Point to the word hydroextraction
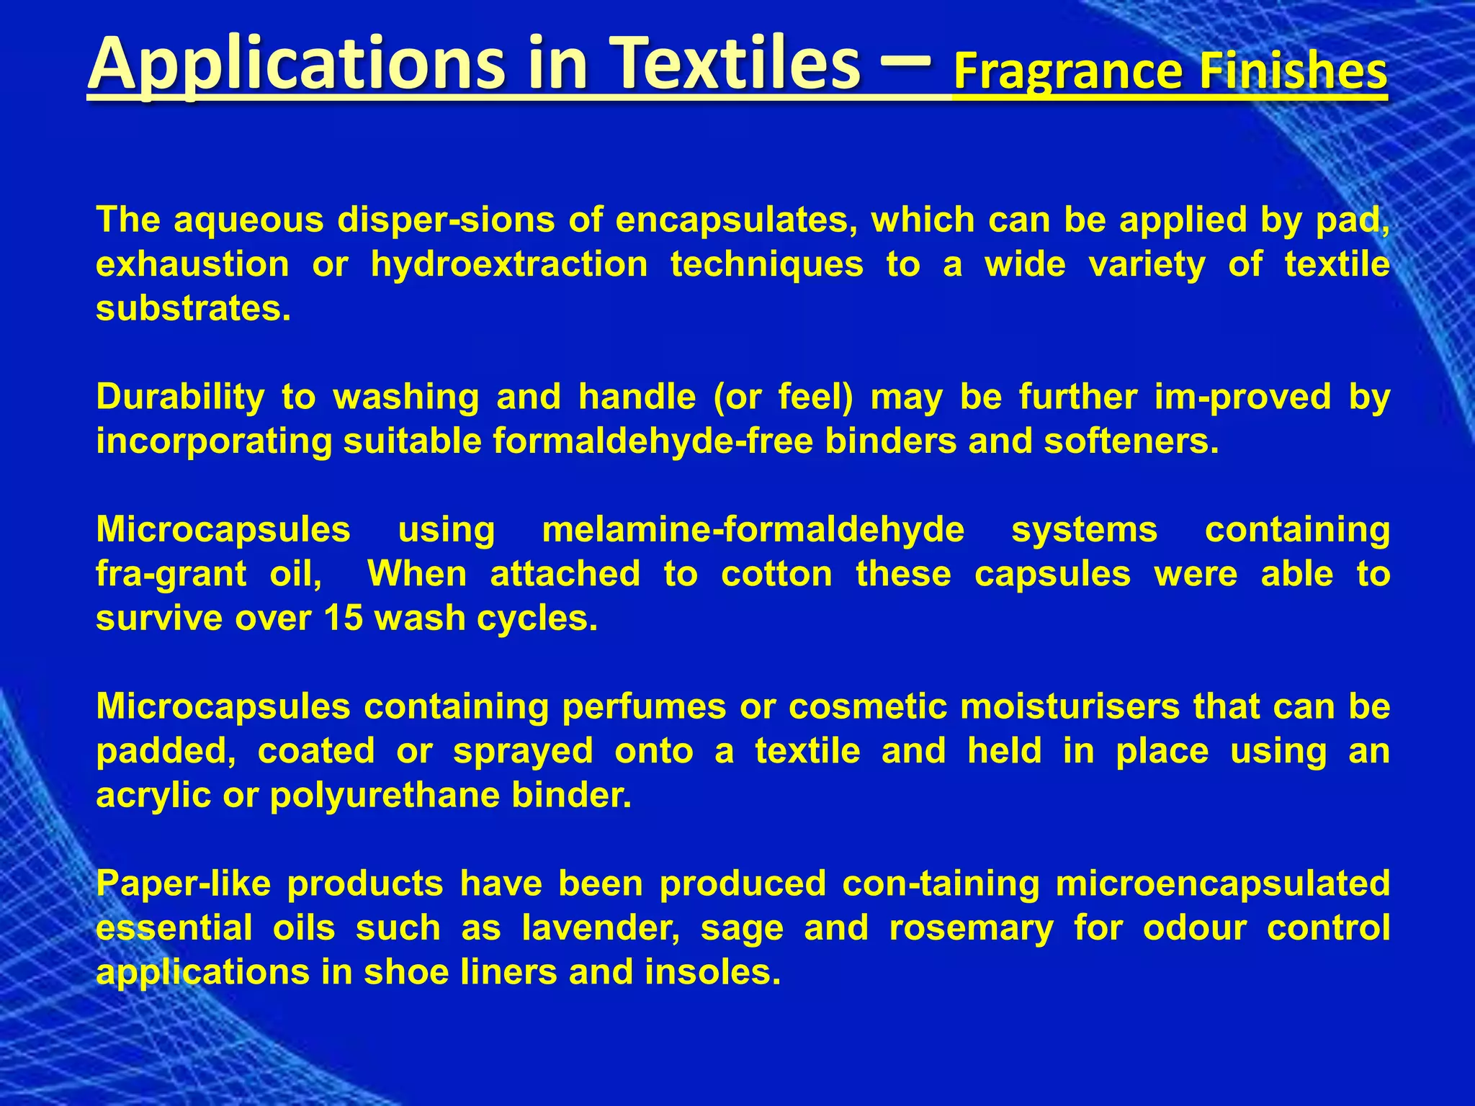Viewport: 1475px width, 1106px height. (509, 264)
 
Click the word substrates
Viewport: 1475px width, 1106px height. (193, 308)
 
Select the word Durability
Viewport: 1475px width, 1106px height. (180, 397)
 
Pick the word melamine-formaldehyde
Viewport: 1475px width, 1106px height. (753, 530)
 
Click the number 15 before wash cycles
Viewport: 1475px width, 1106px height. (344, 619)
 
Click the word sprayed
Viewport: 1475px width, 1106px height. (522, 751)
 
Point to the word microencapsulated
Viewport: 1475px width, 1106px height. (1222, 884)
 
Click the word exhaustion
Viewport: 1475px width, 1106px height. (192, 264)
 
